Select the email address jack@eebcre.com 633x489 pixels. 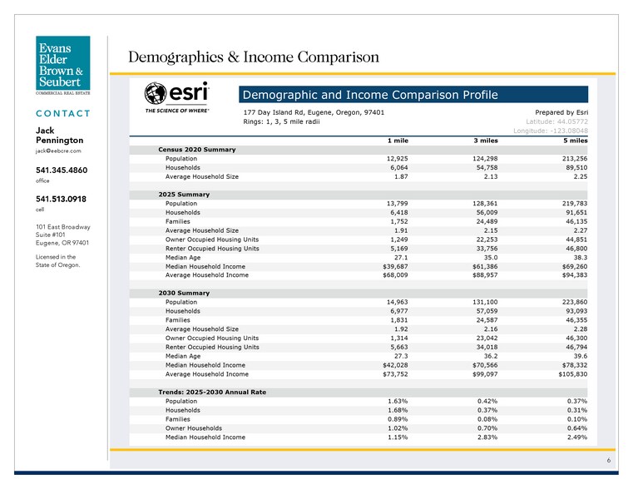click(57, 151)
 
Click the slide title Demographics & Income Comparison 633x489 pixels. click(253, 57)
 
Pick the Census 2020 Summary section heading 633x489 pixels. click(196, 149)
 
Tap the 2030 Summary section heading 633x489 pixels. click(184, 293)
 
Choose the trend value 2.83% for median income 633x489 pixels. click(485, 437)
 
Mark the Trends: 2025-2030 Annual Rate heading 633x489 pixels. click(211, 392)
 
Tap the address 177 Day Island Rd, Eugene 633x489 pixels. click(314, 111)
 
